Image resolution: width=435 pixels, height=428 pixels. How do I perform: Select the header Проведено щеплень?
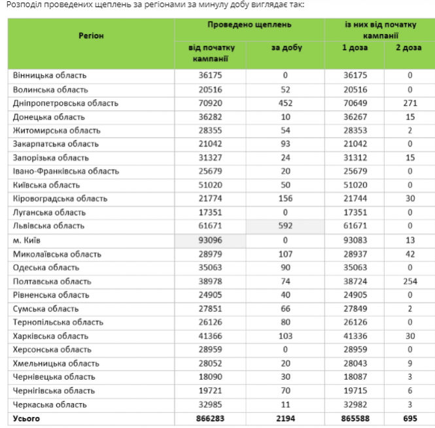[x=249, y=24]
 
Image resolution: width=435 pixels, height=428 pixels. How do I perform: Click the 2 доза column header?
[x=409, y=48]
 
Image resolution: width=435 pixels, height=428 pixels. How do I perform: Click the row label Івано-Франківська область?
[x=66, y=171]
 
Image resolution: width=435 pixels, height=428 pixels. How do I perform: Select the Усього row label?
[x=27, y=418]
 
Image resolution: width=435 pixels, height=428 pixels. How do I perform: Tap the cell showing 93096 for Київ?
[x=211, y=240]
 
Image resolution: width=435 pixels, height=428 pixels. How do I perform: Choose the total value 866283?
[x=211, y=418]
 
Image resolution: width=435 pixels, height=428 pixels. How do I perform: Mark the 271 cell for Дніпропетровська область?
[x=409, y=103]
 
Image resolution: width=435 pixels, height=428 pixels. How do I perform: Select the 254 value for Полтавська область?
[x=409, y=281]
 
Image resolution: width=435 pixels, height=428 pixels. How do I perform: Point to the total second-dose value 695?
[x=409, y=418]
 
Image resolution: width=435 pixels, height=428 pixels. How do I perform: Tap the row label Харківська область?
[x=50, y=336]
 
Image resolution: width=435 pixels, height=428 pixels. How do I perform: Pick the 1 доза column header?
[x=355, y=48]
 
